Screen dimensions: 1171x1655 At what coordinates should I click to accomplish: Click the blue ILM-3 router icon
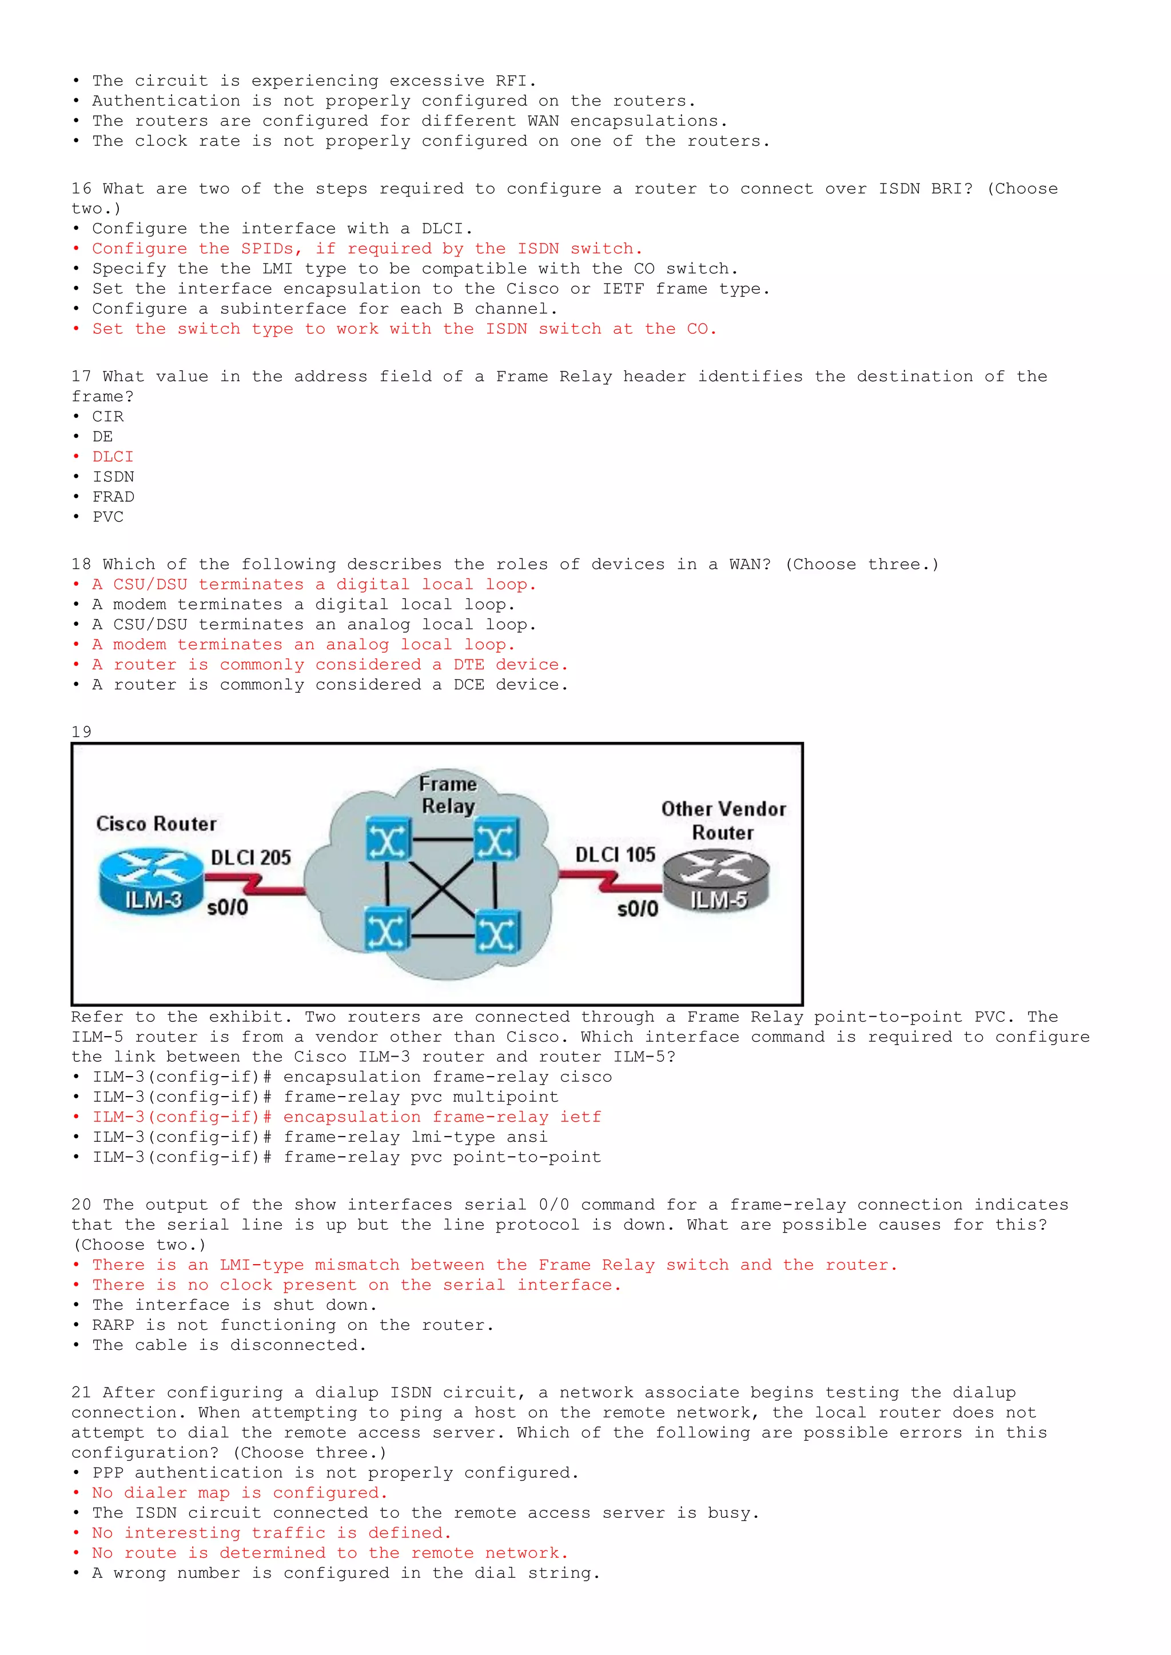[x=151, y=881]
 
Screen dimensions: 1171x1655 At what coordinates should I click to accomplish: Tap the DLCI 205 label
[x=250, y=857]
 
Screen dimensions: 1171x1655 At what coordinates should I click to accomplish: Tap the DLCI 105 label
[x=615, y=855]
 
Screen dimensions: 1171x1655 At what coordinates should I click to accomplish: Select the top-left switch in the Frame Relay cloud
[x=387, y=839]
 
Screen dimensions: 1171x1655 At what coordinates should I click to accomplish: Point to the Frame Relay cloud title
[x=448, y=794]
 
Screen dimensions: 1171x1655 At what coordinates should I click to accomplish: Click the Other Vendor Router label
[x=723, y=820]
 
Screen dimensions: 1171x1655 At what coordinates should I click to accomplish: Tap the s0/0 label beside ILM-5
[x=638, y=909]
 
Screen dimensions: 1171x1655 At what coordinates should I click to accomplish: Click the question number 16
[x=81, y=189]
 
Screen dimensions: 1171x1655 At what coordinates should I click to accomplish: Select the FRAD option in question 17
[x=113, y=497]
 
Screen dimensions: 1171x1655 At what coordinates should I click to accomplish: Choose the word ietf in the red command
[x=580, y=1117]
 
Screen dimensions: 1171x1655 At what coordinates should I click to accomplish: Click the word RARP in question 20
[x=113, y=1325]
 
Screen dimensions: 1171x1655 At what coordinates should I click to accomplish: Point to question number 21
[x=81, y=1393]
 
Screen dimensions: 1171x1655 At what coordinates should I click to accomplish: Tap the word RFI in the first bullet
[x=511, y=81]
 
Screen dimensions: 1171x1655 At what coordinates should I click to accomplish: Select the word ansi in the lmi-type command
[x=527, y=1137]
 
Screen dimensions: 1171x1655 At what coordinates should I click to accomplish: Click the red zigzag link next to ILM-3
[x=254, y=885]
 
